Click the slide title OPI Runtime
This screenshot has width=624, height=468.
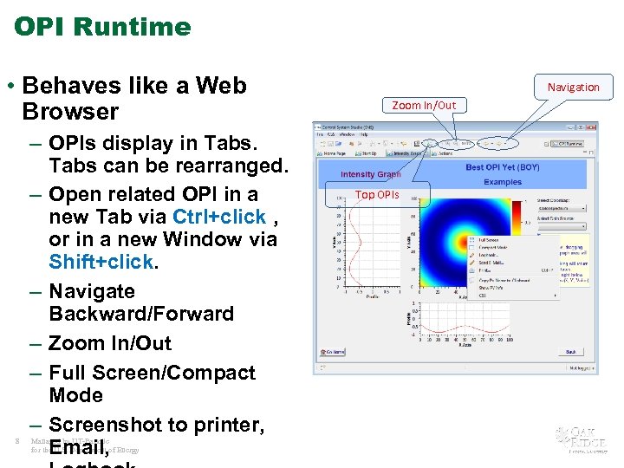point(102,27)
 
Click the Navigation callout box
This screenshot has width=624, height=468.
point(573,87)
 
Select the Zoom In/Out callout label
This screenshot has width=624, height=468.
point(423,106)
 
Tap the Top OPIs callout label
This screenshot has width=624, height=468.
point(377,194)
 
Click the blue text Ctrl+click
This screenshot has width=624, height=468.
point(218,216)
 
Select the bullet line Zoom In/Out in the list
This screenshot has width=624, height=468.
point(110,343)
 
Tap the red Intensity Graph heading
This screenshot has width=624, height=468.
point(370,175)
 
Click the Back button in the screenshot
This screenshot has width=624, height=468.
point(570,352)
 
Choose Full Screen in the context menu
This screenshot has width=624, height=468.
point(490,240)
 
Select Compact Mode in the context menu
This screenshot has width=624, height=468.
point(494,248)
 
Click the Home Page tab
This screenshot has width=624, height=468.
point(338,153)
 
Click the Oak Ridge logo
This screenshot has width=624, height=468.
point(576,439)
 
